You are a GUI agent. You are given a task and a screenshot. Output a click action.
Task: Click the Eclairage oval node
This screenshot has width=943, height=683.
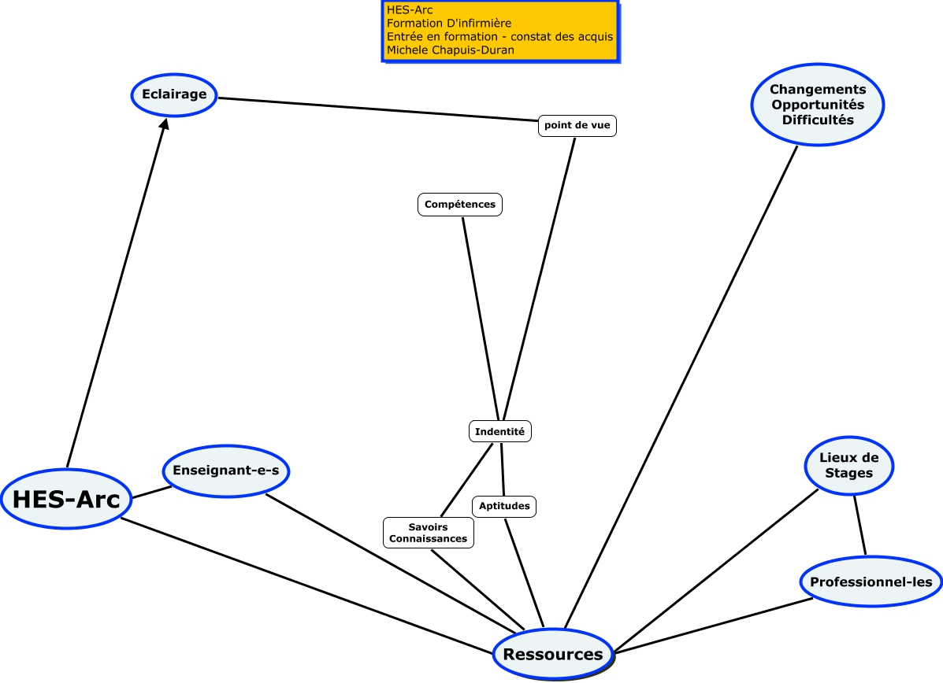tap(174, 94)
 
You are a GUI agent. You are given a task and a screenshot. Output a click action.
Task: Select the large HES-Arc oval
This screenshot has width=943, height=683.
tap(66, 500)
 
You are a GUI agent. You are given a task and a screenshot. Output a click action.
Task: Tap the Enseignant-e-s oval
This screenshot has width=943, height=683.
tap(226, 471)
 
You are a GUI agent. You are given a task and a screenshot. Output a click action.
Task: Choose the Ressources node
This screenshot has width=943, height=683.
tap(553, 654)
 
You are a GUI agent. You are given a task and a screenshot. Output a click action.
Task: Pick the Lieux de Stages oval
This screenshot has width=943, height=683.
tap(849, 465)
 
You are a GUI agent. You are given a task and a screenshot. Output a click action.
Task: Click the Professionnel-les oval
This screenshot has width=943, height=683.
tap(871, 582)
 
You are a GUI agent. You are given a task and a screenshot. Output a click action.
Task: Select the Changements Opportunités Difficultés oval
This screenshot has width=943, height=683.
tap(818, 105)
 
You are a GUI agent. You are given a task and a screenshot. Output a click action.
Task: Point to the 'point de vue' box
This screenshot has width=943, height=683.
tap(577, 126)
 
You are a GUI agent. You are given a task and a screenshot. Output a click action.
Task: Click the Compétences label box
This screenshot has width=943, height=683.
tap(460, 205)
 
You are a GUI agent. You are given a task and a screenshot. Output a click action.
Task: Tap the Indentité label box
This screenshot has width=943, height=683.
tap(500, 431)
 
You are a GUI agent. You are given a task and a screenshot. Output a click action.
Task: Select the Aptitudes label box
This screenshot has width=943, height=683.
tap(504, 506)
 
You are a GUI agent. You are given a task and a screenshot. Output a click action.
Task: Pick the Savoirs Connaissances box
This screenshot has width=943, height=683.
tap(429, 533)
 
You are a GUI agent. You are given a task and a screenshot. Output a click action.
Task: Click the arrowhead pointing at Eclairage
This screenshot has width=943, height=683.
tap(164, 126)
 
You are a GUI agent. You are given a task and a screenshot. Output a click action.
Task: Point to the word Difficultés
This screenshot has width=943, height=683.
tap(818, 120)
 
